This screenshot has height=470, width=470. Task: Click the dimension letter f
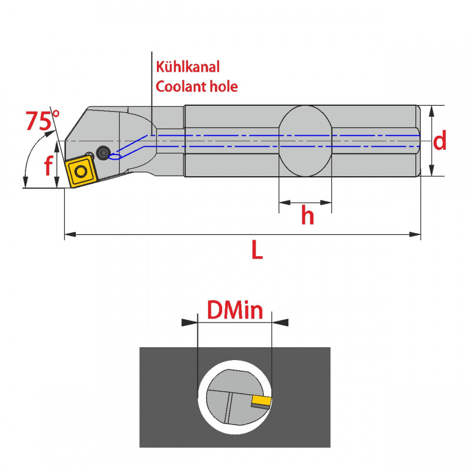coord(49,166)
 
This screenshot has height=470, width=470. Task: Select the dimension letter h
coord(307,216)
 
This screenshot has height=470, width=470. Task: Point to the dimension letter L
coord(257,251)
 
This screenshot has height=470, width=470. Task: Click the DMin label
coord(234,310)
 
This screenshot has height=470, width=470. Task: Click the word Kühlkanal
coord(187,67)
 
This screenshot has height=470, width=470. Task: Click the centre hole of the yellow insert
coord(80,171)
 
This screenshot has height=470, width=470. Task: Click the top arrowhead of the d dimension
coord(432,110)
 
